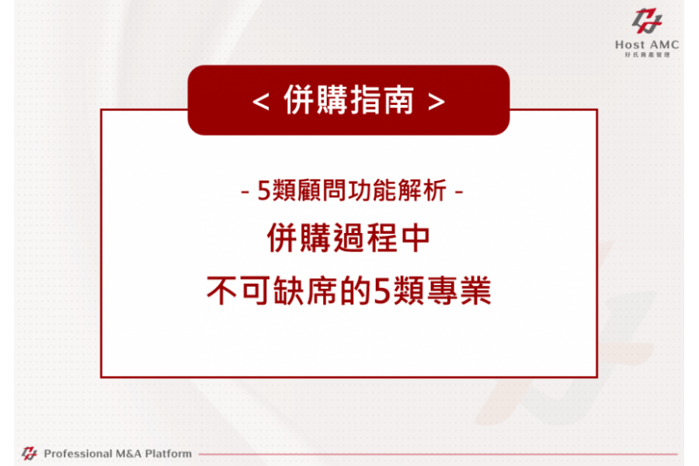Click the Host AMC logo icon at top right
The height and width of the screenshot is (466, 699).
click(x=647, y=20)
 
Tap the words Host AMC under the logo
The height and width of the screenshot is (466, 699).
click(x=647, y=44)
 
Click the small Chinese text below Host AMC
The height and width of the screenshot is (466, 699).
click(x=647, y=55)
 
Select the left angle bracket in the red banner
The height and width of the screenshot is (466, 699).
click(x=260, y=102)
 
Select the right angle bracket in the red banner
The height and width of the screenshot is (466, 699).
click(x=436, y=102)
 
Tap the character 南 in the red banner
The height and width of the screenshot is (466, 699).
click(x=398, y=100)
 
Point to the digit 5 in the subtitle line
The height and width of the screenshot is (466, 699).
click(x=264, y=191)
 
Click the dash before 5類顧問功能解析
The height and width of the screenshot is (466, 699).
click(x=245, y=193)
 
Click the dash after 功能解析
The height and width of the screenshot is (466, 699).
click(x=459, y=193)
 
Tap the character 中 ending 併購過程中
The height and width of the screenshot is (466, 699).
click(x=416, y=238)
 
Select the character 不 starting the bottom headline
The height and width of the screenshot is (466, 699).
click(x=221, y=290)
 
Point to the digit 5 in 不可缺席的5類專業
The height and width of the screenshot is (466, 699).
click(x=382, y=290)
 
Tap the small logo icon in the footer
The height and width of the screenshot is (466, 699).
click(x=30, y=454)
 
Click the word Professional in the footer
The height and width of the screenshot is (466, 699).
click(x=78, y=454)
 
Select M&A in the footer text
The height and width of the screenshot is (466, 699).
click(x=128, y=454)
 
